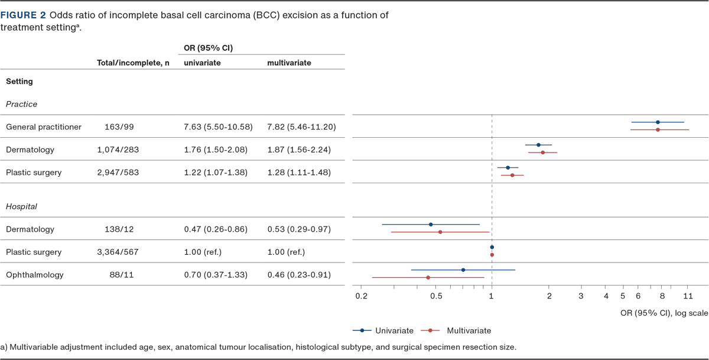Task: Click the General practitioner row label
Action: (x=43, y=127)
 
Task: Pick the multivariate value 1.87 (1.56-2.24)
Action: (x=299, y=150)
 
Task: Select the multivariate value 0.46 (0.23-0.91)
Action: (x=299, y=275)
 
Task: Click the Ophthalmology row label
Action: (x=34, y=275)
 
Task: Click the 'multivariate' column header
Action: (x=289, y=63)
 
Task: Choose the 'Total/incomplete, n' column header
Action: (x=133, y=63)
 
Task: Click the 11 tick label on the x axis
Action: (x=688, y=296)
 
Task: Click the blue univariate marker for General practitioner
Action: (x=658, y=122)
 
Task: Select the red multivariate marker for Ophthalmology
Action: (x=428, y=277)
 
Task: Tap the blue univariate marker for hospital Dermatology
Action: (x=431, y=225)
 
